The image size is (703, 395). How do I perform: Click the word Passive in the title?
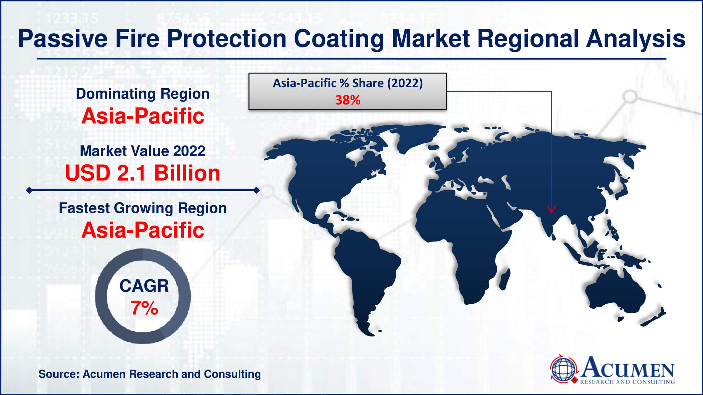63,39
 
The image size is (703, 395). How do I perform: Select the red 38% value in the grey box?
348,100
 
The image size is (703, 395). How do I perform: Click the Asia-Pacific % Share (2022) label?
348,83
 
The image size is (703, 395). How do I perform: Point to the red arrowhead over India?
551,209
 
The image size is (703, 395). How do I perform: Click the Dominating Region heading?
143,94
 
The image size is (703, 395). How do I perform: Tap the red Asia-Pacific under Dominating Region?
143,116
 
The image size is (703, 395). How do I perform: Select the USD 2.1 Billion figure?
143,173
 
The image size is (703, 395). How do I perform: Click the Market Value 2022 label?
143,151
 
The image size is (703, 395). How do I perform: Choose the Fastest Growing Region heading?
143,208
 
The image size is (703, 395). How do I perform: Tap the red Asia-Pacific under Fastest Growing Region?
143,230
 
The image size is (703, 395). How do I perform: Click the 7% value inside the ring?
144,308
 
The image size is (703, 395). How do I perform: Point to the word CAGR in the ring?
144,286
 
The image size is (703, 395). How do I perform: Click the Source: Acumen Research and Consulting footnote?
150,374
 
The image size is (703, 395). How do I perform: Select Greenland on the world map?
416,138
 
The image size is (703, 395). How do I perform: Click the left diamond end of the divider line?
29,190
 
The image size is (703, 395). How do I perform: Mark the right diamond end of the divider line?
256,190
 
